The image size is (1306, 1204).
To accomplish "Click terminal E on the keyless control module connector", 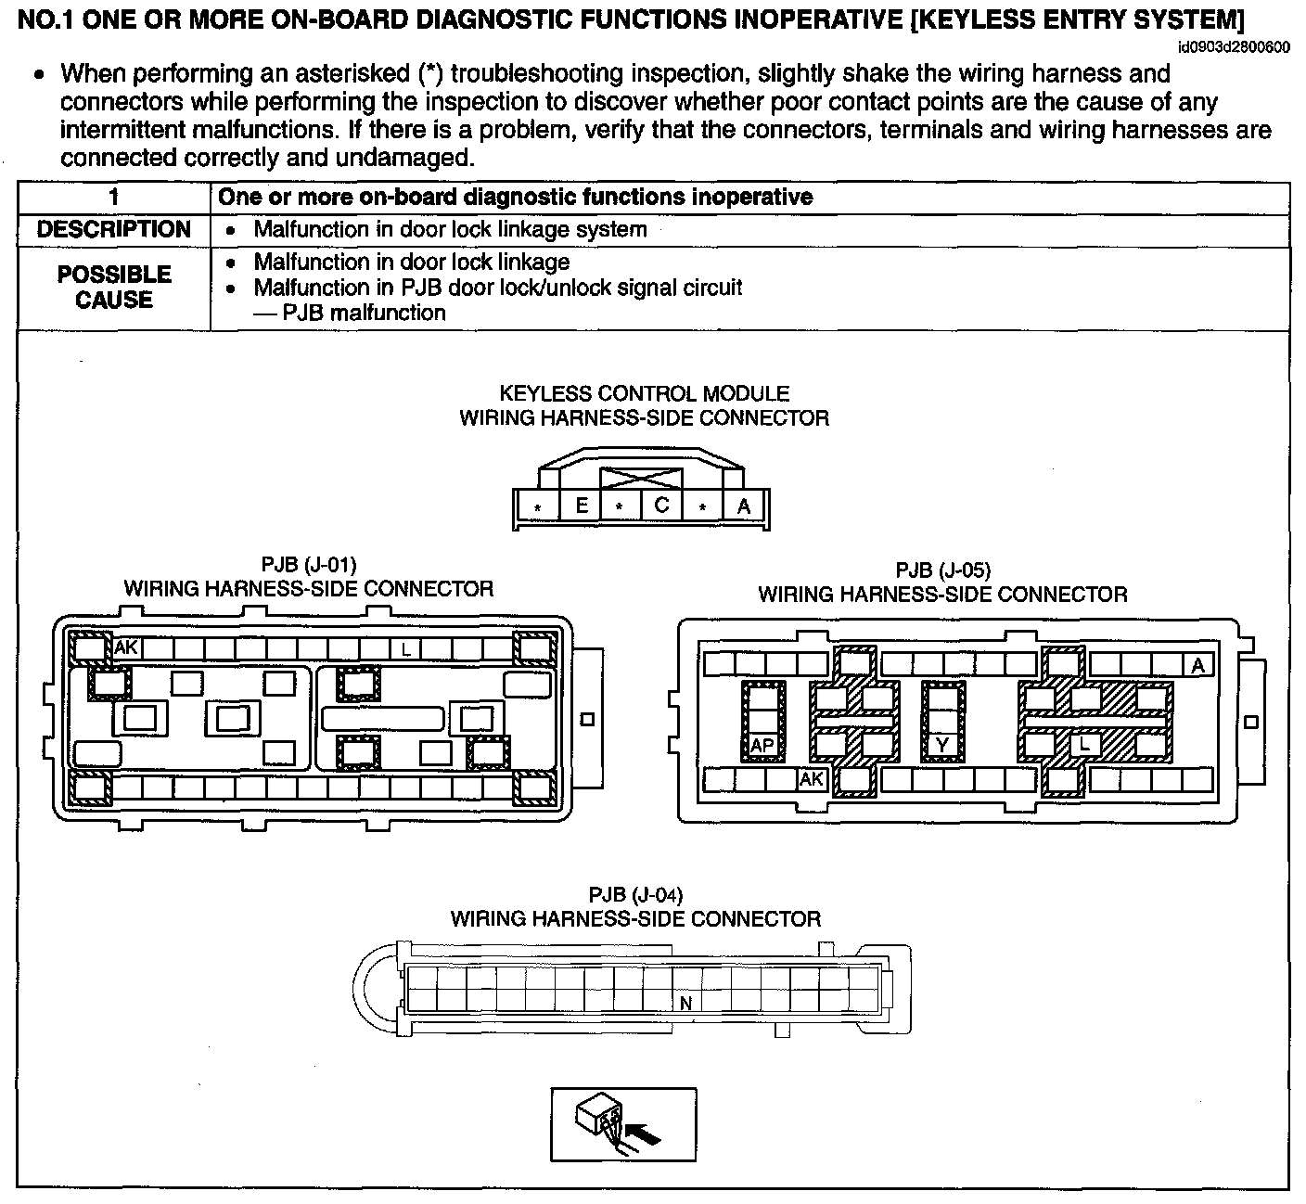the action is (582, 506).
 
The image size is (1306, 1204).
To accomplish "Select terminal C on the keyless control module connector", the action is (661, 506).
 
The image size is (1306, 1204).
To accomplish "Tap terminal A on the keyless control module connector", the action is (743, 506).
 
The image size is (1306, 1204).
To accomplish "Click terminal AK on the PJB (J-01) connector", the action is (126, 647).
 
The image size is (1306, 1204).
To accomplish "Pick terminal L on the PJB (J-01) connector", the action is (405, 649).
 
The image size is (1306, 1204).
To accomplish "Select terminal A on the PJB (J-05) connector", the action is (1197, 665).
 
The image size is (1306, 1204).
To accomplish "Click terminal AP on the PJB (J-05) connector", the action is (762, 745).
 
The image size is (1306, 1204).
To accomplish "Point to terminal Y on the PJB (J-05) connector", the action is (942, 745).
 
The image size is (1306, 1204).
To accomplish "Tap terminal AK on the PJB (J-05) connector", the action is (812, 780).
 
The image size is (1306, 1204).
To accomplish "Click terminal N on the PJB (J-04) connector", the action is (686, 1003).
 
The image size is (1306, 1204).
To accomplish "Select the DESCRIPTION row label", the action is (114, 230).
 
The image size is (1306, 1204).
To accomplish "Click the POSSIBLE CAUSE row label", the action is (114, 288).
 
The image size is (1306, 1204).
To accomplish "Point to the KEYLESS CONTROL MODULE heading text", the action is (644, 394).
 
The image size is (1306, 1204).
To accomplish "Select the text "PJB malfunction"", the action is (364, 314).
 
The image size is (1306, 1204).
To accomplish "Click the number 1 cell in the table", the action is (114, 197).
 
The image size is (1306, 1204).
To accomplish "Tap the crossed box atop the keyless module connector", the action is (641, 480).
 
